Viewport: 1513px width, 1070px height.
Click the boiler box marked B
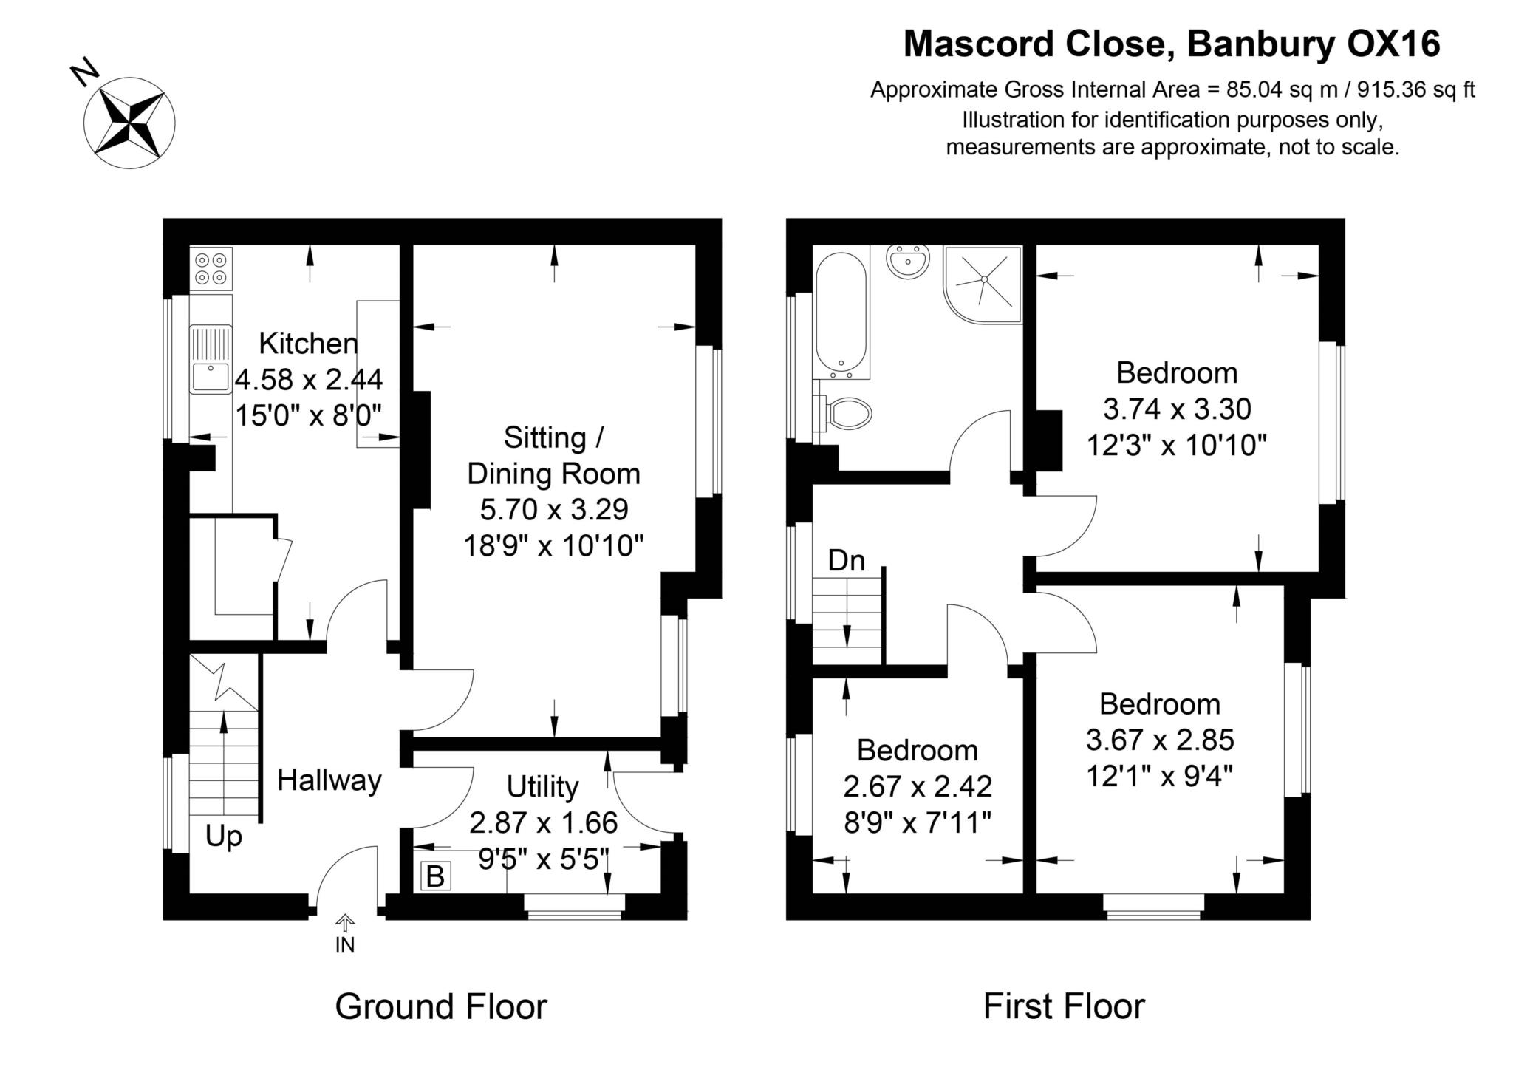click(435, 876)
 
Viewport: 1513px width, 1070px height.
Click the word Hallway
click(329, 780)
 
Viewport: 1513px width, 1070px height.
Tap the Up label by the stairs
click(223, 836)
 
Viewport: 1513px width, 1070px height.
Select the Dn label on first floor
click(846, 561)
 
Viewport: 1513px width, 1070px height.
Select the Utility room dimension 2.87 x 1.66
click(543, 822)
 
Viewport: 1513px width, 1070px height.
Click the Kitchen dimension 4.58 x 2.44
click(309, 380)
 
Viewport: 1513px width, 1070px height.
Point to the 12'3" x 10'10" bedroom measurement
click(1176, 445)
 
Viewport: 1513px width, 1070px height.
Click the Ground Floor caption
click(441, 1006)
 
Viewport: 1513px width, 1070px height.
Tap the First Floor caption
click(1064, 1006)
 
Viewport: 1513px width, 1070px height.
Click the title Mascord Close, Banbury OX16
click(1172, 44)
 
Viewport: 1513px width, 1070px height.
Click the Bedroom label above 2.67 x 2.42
click(918, 750)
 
